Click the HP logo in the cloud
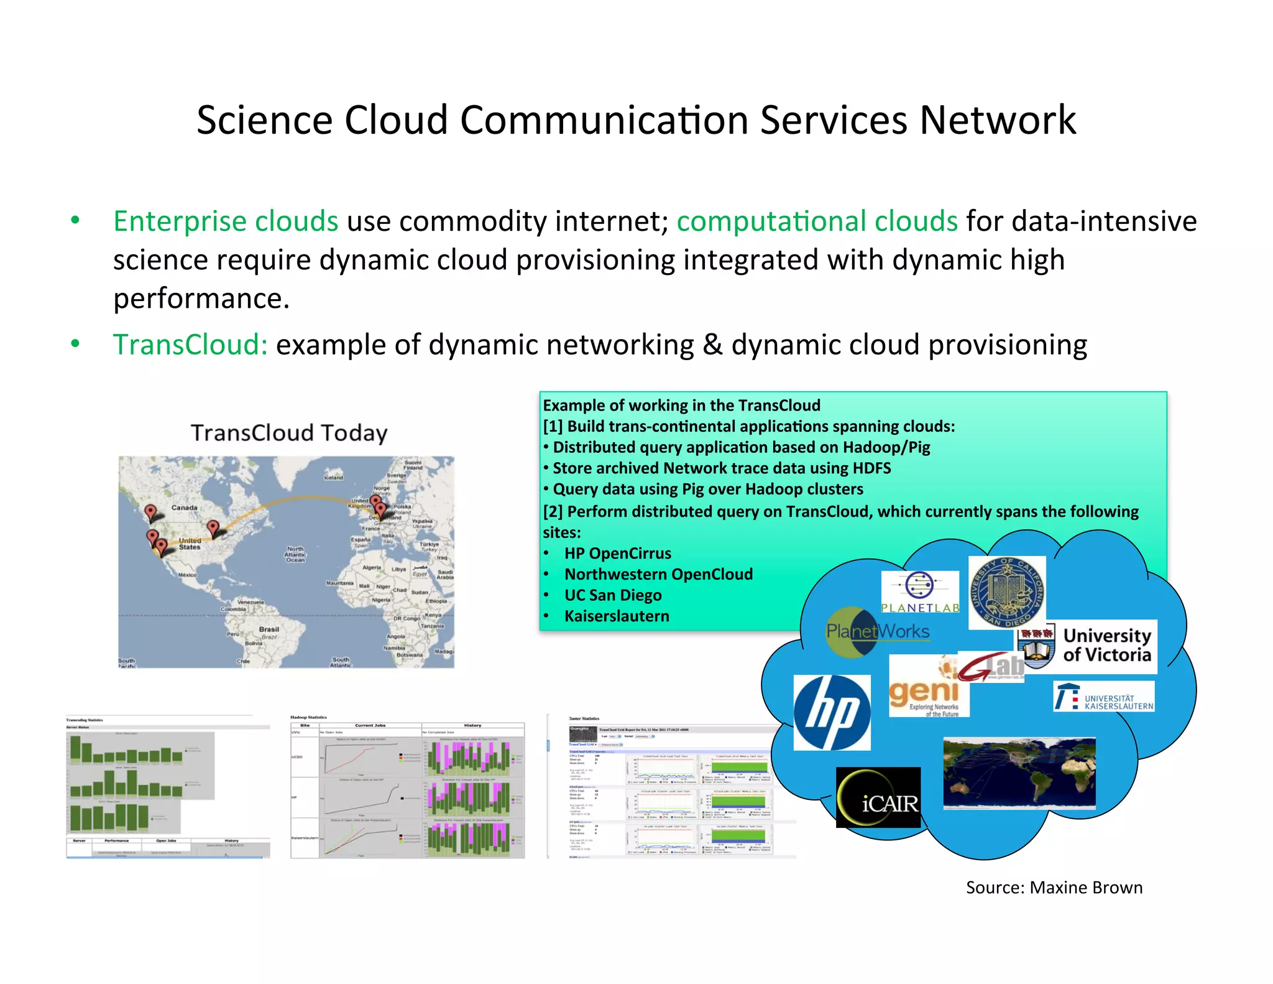coord(832,712)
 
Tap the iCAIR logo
coord(878,797)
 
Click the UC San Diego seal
coord(1007,592)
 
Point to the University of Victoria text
coord(1107,645)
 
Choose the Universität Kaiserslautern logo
coord(1104,697)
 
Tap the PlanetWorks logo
coord(877,632)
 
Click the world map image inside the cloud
coord(1019,773)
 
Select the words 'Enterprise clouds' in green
coord(226,221)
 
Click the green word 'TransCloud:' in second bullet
coord(190,345)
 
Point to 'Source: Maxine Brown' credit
coord(1054,888)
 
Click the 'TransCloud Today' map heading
coord(289,433)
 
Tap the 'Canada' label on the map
coord(185,508)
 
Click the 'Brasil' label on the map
coord(269,629)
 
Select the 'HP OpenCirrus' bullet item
coord(617,554)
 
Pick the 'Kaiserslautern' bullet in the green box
coord(617,616)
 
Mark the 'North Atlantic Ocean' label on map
coord(295,554)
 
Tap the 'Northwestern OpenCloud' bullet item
coord(658,574)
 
